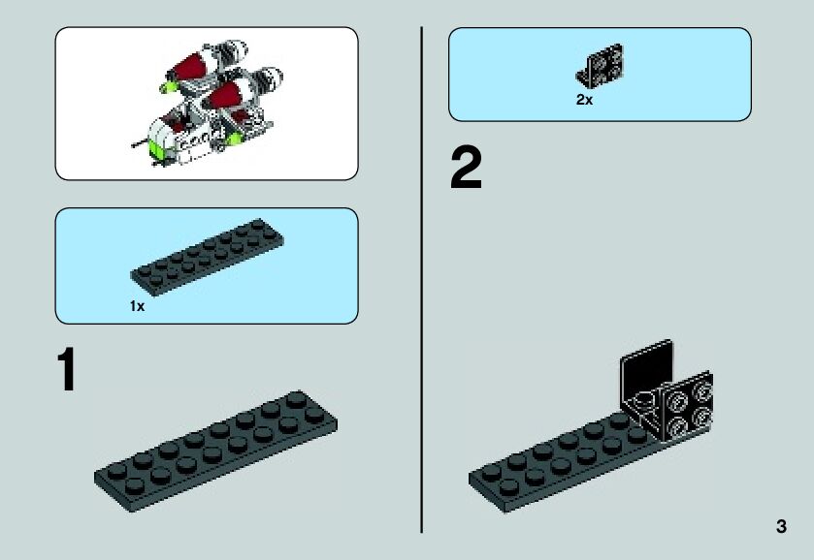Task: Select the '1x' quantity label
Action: [137, 306]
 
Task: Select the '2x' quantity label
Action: [583, 99]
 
